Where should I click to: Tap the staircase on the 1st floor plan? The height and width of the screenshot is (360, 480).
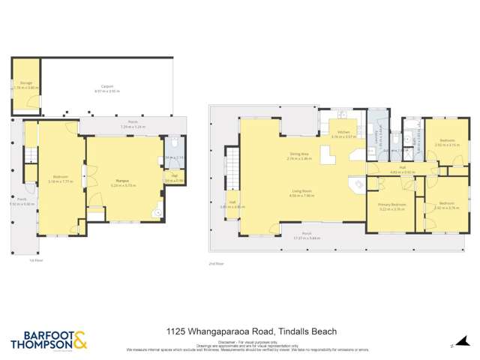[x=31, y=154]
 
